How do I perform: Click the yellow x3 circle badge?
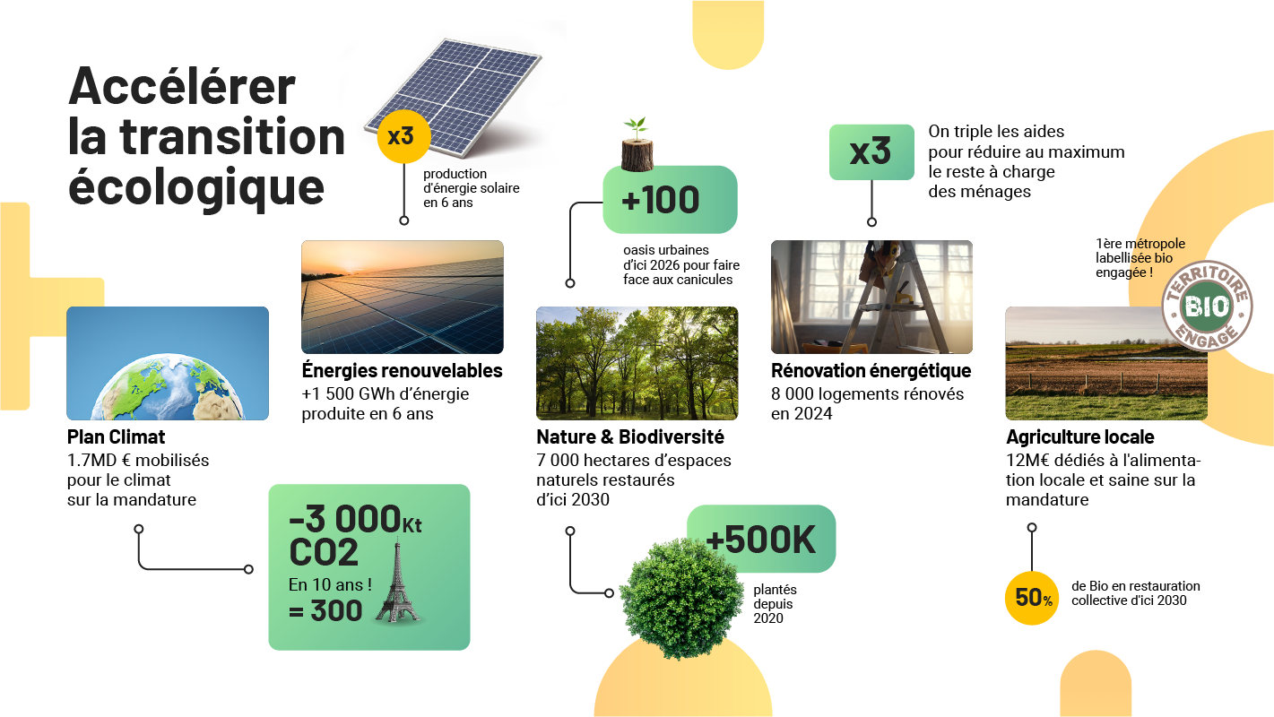coord(403,136)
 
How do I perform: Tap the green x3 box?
coord(871,152)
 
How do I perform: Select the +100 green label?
coord(670,200)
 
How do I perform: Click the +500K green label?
coord(762,538)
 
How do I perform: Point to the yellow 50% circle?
coord(1032,598)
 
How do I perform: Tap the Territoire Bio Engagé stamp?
coord(1207,306)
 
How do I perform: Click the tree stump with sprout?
coord(637,144)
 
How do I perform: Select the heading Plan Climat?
coord(116,436)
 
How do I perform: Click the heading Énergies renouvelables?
coord(403,370)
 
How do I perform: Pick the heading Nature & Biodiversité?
coord(630,436)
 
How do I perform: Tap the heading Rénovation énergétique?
coord(871,371)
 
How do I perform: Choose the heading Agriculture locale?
coord(1080,436)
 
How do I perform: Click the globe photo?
coord(168,363)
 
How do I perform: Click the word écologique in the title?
coord(196,187)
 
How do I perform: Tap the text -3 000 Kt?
coord(355,519)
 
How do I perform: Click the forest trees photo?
coord(637,363)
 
